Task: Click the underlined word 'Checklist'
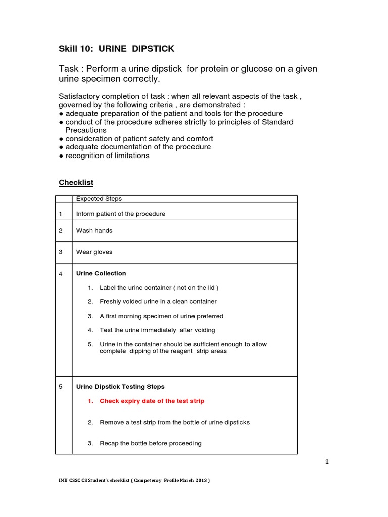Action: pyautogui.click(x=76, y=182)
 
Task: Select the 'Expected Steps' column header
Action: pyautogui.click(x=99, y=199)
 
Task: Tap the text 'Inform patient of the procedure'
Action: pyautogui.click(x=121, y=214)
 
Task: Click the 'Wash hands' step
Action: pyautogui.click(x=94, y=230)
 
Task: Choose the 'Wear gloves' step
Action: pyautogui.click(x=94, y=252)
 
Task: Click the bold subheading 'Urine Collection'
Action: pyautogui.click(x=101, y=273)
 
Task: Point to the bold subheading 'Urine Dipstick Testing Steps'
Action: pyautogui.click(x=120, y=386)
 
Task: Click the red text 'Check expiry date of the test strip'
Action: pyautogui.click(x=152, y=401)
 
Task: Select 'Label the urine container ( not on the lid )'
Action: pyautogui.click(x=159, y=287)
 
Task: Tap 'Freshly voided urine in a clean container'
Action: pyautogui.click(x=158, y=301)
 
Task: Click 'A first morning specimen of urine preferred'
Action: pyautogui.click(x=161, y=316)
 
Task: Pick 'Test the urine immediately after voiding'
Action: pyautogui.click(x=157, y=330)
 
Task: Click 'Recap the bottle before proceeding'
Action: pyautogui.click(x=150, y=443)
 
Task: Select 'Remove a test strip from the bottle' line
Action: pyautogui.click(x=174, y=422)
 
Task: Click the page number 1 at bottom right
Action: pyautogui.click(x=327, y=461)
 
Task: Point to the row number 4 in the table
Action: pyautogui.click(x=61, y=274)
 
